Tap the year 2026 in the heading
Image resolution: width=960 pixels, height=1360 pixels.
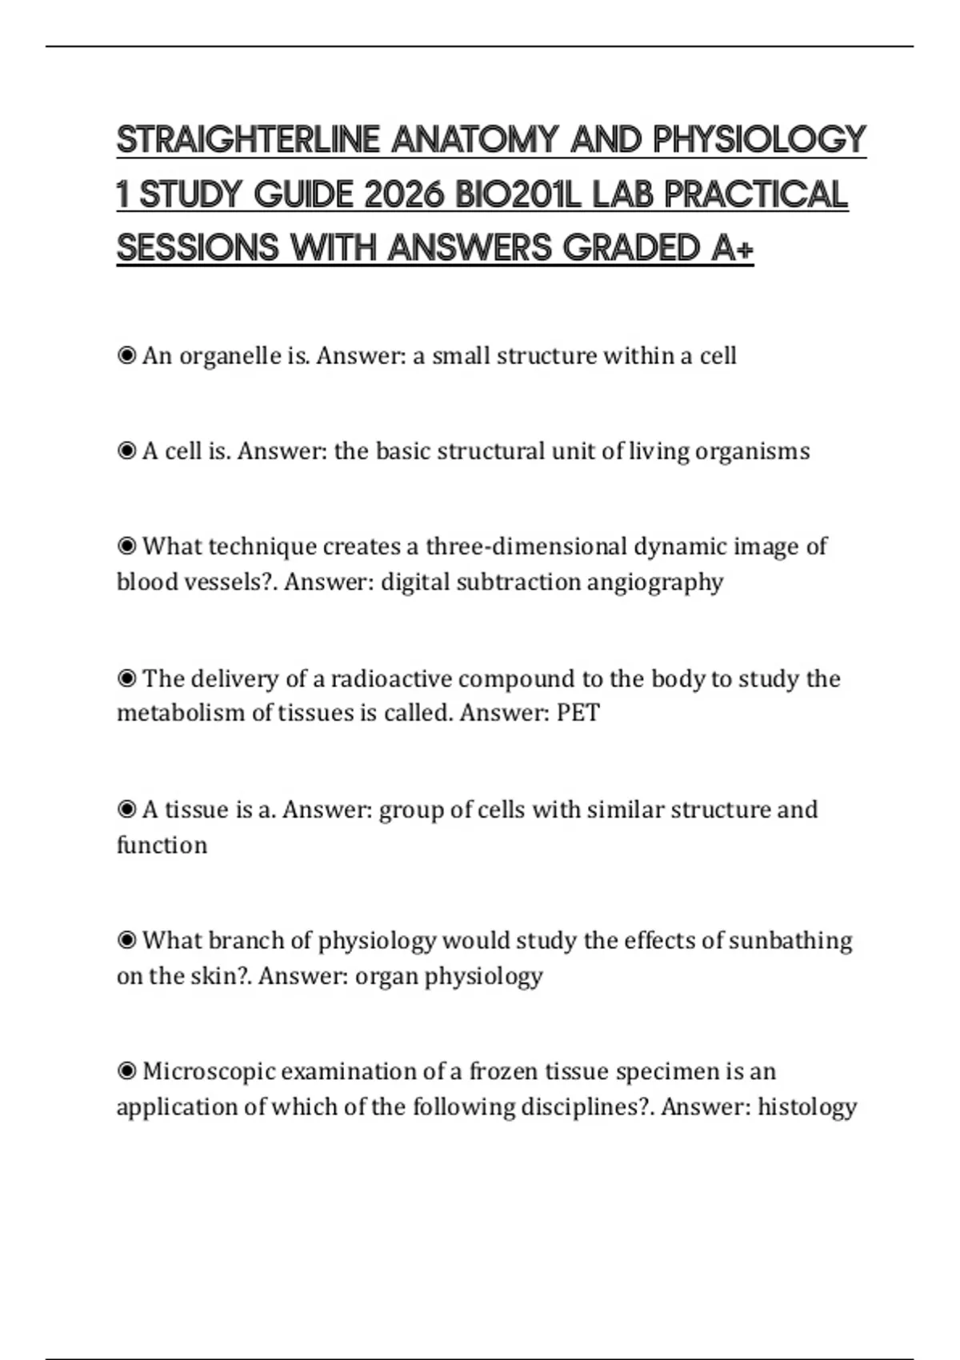pos(402,194)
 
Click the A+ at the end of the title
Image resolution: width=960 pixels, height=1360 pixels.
pos(731,248)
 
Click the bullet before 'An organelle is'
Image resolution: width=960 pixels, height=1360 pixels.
pos(126,355)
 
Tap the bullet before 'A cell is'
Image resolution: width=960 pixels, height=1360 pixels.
pos(126,451)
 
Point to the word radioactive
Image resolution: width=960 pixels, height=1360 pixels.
pos(390,679)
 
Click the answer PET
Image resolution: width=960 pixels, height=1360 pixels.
pos(578,713)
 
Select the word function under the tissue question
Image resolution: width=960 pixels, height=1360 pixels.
pos(162,845)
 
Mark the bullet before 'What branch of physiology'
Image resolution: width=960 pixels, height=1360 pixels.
pos(126,940)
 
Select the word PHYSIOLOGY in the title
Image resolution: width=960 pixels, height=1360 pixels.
pos(759,140)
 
